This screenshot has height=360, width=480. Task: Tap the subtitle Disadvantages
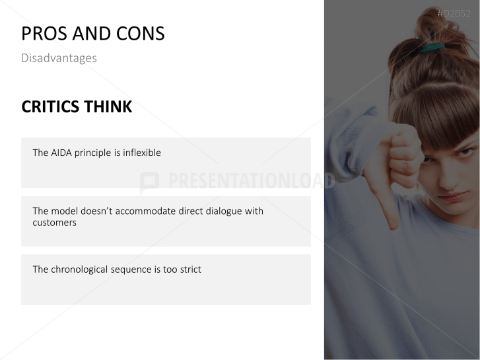point(59,58)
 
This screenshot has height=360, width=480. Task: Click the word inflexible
point(142,153)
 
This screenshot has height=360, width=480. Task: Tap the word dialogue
point(224,211)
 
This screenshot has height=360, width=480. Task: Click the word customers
point(55,223)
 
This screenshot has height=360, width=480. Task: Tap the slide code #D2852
point(454,13)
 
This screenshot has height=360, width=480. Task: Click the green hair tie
point(432,48)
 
